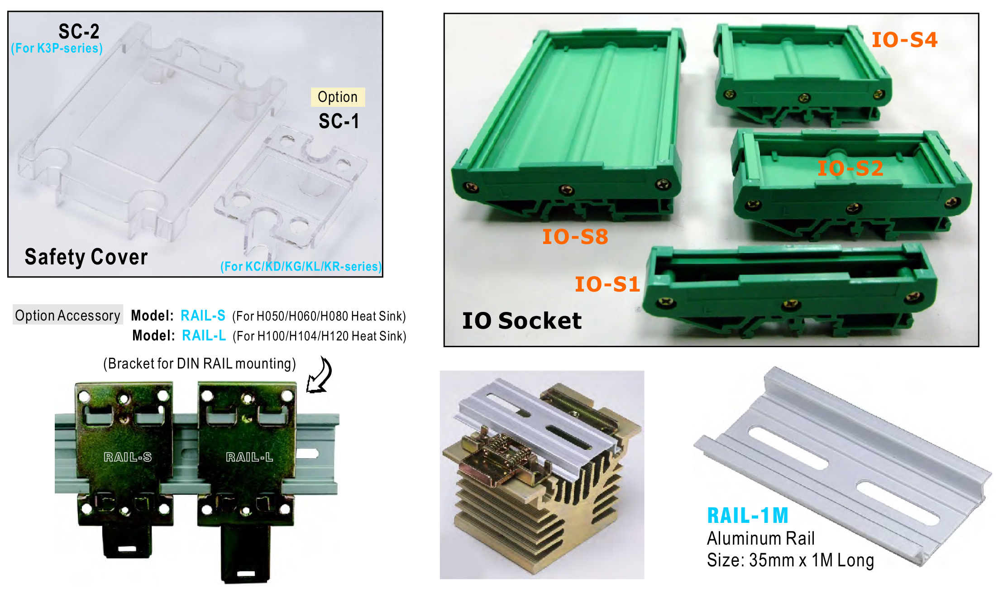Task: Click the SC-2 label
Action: [79, 31]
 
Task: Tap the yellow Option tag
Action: [338, 97]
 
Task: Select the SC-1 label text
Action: [339, 121]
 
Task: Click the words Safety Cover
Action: [86, 257]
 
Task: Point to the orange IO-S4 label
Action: [904, 40]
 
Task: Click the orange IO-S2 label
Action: [850, 168]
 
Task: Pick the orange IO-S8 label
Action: [575, 237]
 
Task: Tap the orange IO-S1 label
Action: [607, 284]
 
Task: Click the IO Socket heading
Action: [521, 321]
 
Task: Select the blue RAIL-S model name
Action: [203, 315]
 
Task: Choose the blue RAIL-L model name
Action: [204, 335]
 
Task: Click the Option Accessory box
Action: [68, 315]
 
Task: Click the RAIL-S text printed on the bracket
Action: [128, 457]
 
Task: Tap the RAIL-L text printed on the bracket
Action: [249, 457]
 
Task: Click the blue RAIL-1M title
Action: [748, 516]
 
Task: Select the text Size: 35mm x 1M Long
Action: [790, 560]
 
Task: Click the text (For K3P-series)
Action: [57, 48]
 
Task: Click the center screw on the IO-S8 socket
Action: [566, 190]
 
